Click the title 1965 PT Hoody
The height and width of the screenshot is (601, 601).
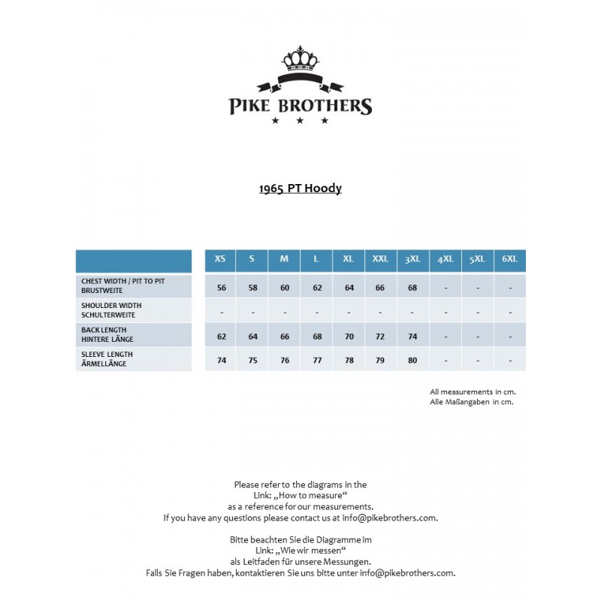pos(300,188)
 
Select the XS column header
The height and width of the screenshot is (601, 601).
pos(220,259)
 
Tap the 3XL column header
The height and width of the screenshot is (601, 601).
pos(412,259)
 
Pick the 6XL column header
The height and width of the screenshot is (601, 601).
pos(509,259)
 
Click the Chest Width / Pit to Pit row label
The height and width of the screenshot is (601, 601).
pos(123,285)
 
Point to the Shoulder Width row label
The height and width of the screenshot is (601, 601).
pos(111,310)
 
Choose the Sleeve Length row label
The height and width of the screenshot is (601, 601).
pos(107,359)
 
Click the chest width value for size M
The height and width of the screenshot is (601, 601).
pos(284,288)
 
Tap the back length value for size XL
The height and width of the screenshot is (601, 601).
pos(349,337)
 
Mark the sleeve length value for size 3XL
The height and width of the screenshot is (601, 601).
pos(412,361)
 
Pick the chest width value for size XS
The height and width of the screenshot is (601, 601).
pos(221,288)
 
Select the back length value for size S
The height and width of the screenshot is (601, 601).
pos(252,337)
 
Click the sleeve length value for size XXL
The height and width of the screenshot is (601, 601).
pos(380,361)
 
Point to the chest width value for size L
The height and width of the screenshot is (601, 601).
pos(316,288)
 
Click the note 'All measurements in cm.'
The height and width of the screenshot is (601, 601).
pos(473,391)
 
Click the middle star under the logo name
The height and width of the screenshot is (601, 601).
pos(300,120)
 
